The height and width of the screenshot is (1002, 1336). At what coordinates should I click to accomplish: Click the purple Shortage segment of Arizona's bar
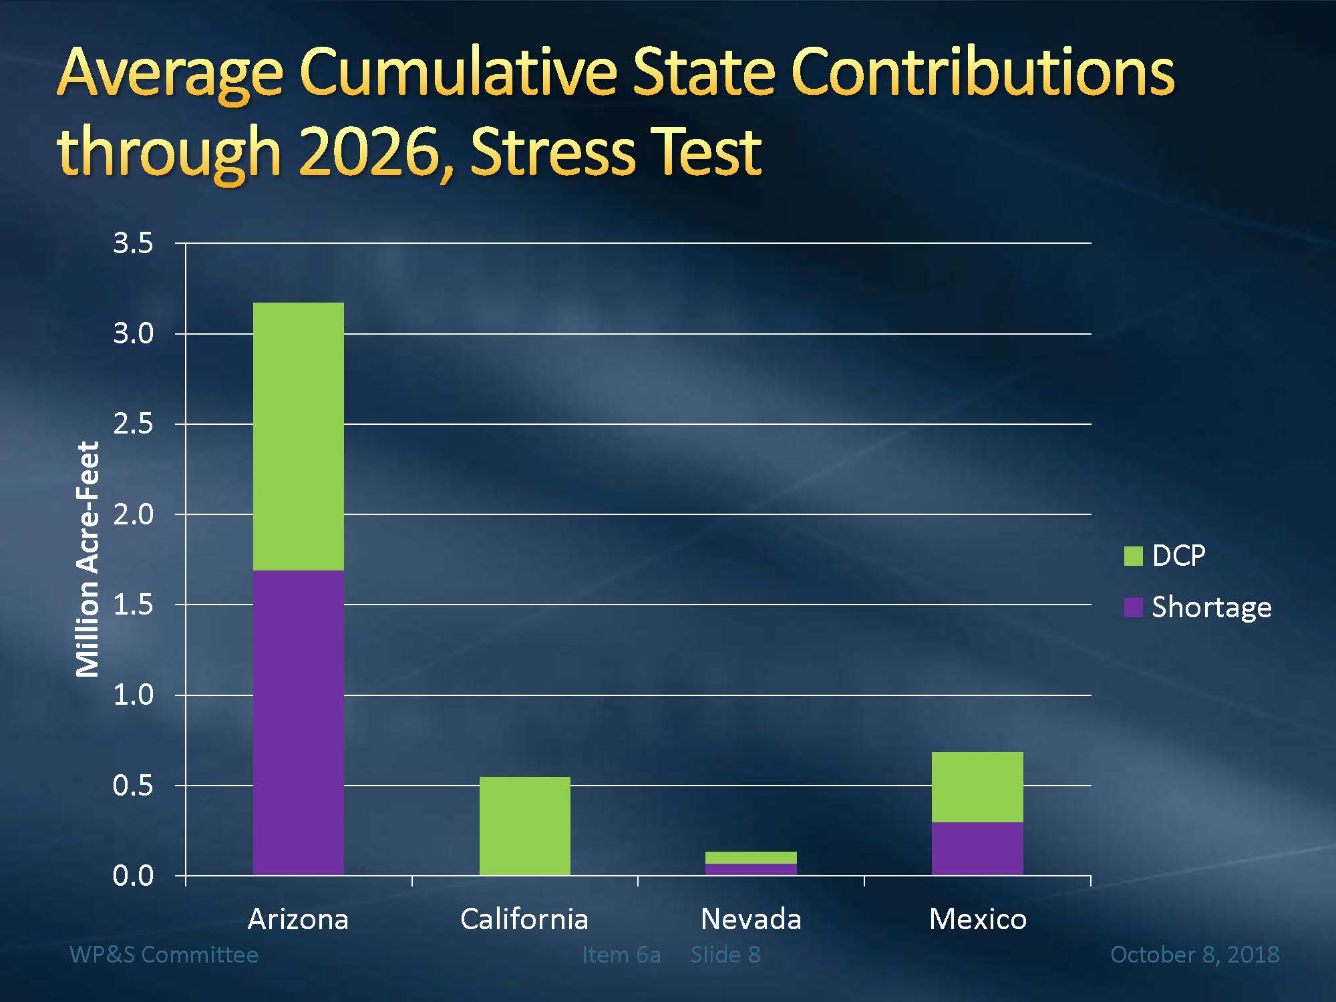[x=299, y=721]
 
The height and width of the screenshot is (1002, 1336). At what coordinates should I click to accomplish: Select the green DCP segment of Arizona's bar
[x=299, y=436]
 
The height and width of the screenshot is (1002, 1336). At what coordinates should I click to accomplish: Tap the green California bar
[x=525, y=826]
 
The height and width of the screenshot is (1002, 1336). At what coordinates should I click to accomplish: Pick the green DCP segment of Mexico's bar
[x=977, y=787]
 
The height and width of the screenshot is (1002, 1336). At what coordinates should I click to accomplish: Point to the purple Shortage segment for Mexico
[x=977, y=848]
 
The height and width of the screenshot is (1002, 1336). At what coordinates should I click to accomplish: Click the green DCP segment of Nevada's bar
[x=751, y=858]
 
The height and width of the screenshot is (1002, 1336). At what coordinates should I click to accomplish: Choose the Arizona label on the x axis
[x=298, y=920]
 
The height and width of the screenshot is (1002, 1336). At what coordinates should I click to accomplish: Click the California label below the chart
[x=524, y=920]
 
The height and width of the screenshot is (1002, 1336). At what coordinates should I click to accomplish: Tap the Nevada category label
[x=751, y=920]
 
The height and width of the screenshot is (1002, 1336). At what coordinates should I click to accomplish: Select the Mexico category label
[x=977, y=920]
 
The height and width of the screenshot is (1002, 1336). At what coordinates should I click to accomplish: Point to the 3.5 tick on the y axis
[x=133, y=243]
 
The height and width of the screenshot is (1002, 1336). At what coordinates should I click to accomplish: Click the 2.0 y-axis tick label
[x=133, y=514]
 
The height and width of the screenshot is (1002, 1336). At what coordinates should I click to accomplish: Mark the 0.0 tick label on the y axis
[x=133, y=876]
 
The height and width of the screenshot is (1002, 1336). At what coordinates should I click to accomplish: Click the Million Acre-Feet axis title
[x=88, y=559]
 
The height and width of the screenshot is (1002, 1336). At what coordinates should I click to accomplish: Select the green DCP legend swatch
[x=1134, y=556]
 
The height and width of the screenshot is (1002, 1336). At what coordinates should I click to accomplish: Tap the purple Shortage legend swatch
[x=1134, y=607]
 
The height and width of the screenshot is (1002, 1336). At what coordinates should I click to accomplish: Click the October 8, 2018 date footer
[x=1194, y=955]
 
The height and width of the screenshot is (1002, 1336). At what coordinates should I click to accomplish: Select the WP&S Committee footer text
[x=164, y=955]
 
